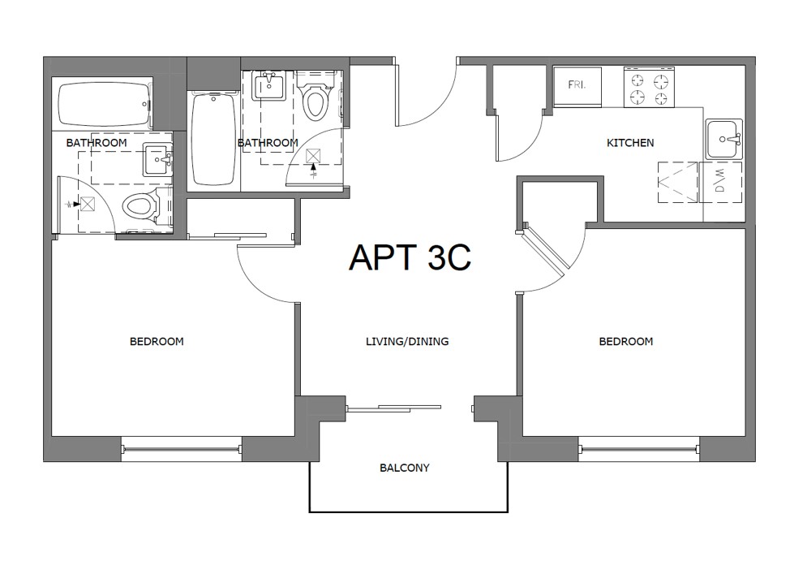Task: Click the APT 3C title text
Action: [x=410, y=257]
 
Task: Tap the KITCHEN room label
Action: [x=630, y=143]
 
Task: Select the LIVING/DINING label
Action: [x=407, y=342]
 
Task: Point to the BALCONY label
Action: [x=404, y=469]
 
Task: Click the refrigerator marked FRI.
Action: [x=577, y=86]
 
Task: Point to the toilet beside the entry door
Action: [x=314, y=101]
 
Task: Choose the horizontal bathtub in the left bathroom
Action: [x=105, y=104]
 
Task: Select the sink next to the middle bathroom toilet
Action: [x=268, y=85]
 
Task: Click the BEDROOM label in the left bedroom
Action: [x=157, y=342]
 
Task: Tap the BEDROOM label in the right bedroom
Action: [x=625, y=342]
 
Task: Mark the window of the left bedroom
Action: [x=181, y=448]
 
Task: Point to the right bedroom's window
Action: [x=640, y=447]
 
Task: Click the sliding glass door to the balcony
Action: [x=394, y=408]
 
